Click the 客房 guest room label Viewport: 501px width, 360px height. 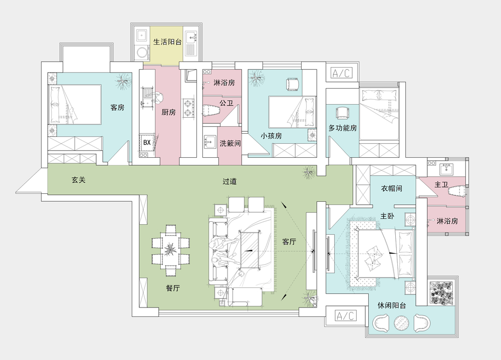117,107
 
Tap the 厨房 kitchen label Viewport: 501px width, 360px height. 168,112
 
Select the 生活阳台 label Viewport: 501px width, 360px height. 167,42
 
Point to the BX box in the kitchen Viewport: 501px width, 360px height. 147,143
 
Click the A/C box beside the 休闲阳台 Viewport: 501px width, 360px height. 346,316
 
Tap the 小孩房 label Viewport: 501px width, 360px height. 271,136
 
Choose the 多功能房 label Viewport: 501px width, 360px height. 343,128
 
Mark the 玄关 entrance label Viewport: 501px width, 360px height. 79,180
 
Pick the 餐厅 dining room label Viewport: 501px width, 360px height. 173,288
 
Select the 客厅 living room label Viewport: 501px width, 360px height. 289,241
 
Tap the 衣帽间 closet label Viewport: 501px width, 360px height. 392,189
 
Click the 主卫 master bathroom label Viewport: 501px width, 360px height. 441,185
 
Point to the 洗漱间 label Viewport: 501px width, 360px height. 230,143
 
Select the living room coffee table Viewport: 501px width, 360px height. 250,250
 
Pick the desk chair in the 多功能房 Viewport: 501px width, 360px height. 343,112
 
